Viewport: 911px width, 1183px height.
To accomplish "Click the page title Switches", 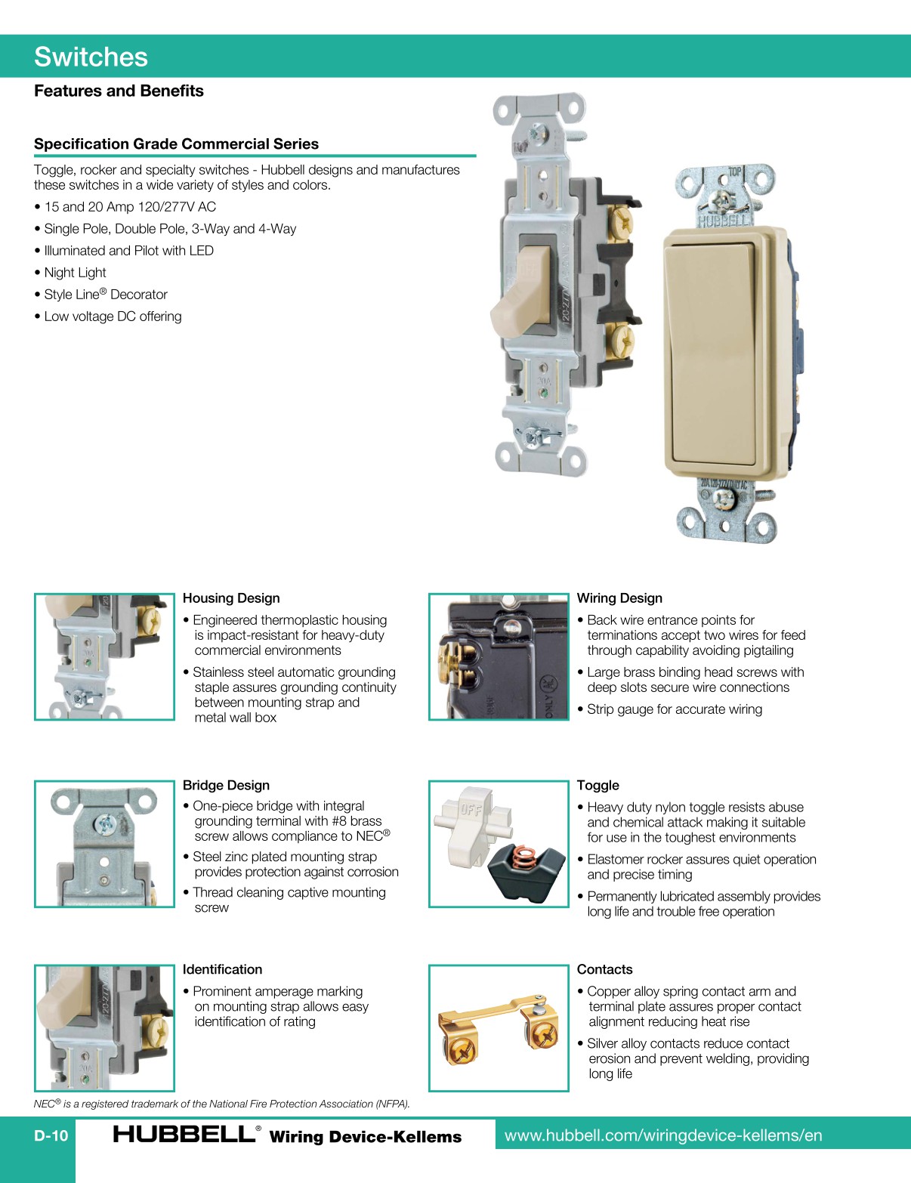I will tap(91, 57).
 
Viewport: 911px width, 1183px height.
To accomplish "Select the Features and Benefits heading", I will tap(119, 91).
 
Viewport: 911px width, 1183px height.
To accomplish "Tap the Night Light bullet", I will tap(75, 273).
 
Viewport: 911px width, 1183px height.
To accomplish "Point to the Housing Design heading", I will tap(231, 598).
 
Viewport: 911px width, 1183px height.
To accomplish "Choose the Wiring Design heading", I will tap(619, 598).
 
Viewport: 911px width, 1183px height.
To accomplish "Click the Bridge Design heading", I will tap(226, 785).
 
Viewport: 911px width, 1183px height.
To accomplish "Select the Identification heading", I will tap(222, 969).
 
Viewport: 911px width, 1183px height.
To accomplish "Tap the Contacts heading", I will tap(604, 969).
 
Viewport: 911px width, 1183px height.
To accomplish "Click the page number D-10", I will tap(51, 1135).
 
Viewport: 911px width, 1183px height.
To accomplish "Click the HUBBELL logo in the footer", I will tap(184, 1135).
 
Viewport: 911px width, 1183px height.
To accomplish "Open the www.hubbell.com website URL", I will tap(663, 1135).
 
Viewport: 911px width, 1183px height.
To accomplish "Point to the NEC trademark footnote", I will tap(221, 1104).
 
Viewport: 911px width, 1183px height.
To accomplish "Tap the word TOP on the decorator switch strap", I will tap(734, 173).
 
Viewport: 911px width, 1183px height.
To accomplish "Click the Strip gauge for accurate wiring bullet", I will tap(675, 709).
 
